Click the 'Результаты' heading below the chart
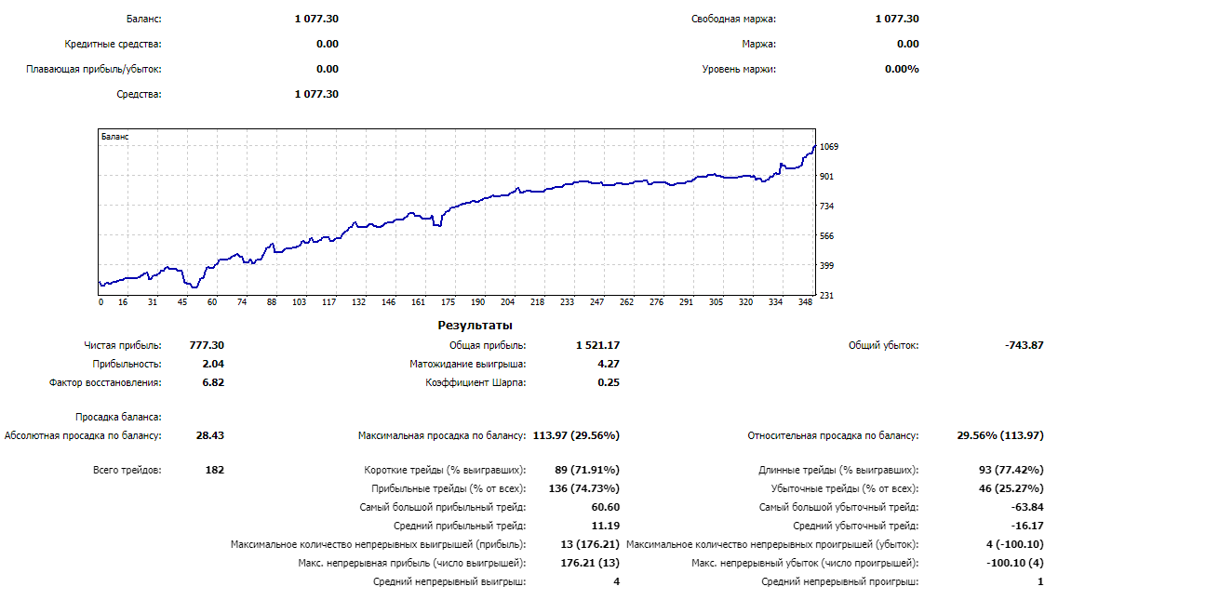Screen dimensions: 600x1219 (x=475, y=326)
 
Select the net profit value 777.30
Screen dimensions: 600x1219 (x=207, y=345)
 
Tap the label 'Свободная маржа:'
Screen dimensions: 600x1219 (x=733, y=19)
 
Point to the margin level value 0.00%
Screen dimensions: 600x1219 (x=902, y=69)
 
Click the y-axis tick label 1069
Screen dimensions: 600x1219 (x=829, y=147)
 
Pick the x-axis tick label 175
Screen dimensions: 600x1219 (x=449, y=302)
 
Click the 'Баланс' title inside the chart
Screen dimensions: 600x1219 (x=115, y=137)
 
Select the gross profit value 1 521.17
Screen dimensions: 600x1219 (x=598, y=345)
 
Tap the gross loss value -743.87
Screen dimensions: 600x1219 (x=1024, y=345)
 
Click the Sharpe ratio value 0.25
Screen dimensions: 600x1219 (x=609, y=382)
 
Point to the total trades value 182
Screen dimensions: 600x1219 (x=214, y=470)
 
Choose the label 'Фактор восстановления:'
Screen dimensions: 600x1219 (x=105, y=382)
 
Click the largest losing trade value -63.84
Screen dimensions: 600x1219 (x=1027, y=507)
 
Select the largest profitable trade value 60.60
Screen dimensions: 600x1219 (x=605, y=507)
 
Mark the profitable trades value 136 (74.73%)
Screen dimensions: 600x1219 (x=584, y=488)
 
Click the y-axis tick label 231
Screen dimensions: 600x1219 (x=827, y=296)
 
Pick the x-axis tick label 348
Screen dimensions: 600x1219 (x=806, y=302)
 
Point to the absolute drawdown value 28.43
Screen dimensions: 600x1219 (x=209, y=435)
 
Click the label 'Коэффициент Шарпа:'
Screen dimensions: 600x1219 (x=476, y=382)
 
